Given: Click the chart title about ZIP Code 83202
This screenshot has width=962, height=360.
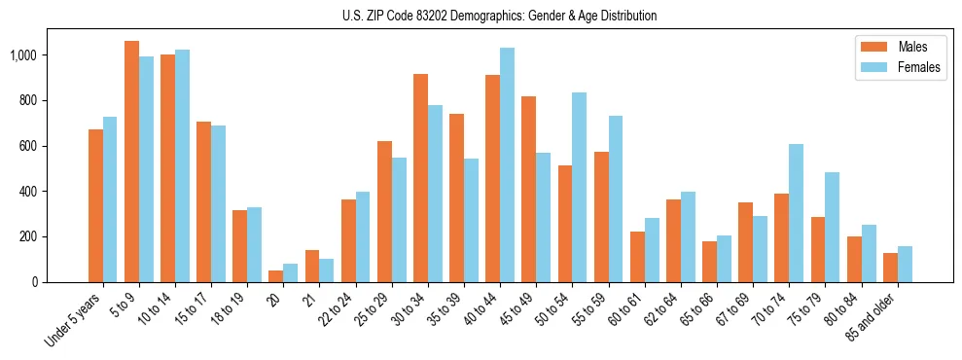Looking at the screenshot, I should [x=499, y=16].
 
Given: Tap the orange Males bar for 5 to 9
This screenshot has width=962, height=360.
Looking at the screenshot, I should [x=131, y=162].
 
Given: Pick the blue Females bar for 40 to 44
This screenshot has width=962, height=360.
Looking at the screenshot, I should [x=507, y=165].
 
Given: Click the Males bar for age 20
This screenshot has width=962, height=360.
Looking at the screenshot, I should [x=275, y=276].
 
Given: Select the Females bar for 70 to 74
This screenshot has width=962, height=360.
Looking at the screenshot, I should [x=796, y=213].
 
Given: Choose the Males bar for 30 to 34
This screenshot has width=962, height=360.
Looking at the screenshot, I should [x=420, y=178].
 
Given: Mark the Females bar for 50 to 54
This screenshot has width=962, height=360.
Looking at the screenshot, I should [x=579, y=187].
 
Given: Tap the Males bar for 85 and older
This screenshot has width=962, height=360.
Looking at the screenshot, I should [x=890, y=268].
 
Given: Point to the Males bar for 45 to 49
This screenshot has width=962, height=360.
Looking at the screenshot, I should [x=528, y=190].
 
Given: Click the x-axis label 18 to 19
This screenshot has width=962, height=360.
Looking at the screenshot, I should [x=226, y=310].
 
